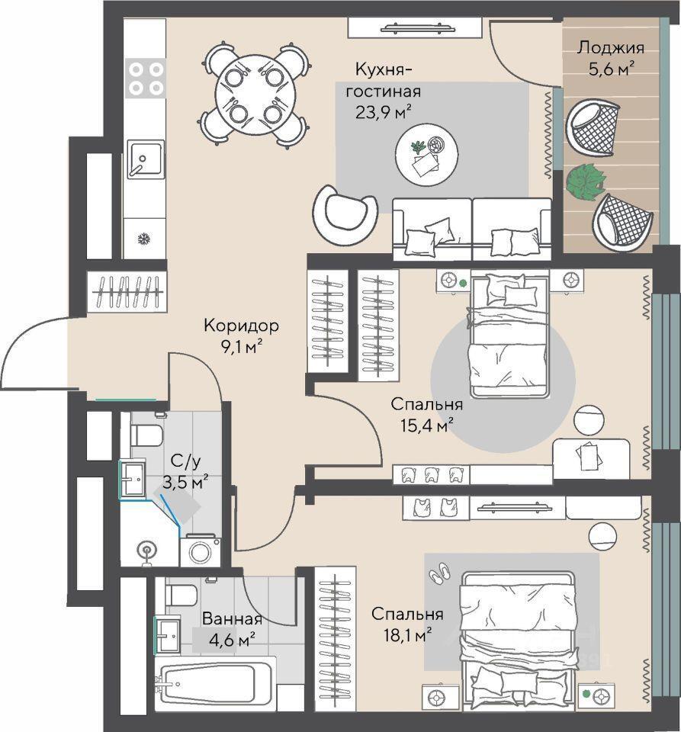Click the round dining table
(255, 95)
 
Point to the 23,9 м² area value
(384, 112)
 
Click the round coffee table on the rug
(426, 155)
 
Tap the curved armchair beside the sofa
(345, 213)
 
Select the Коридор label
(241, 326)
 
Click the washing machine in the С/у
(201, 551)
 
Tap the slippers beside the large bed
(439, 573)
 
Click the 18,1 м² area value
(401, 634)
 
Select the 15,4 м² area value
(427, 425)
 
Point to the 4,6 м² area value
(232, 639)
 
